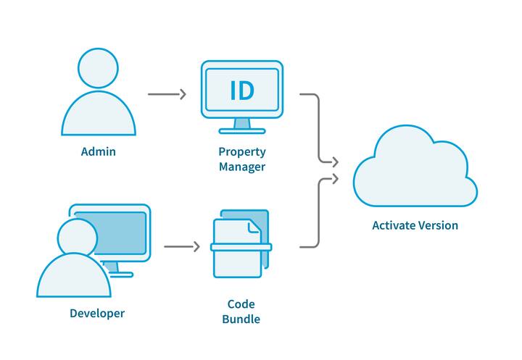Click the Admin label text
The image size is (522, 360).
[x=98, y=152]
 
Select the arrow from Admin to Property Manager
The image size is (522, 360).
[x=167, y=94]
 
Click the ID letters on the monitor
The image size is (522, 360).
[x=241, y=91]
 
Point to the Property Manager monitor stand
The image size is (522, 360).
[x=241, y=125]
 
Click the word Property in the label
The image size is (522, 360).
[x=241, y=152]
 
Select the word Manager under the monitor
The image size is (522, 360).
[x=241, y=167]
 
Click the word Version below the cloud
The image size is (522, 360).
[x=437, y=225]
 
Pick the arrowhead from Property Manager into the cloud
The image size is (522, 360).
[x=335, y=161]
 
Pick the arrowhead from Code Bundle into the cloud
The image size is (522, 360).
[x=335, y=177]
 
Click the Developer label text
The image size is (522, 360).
[x=97, y=314]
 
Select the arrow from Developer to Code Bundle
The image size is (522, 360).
[x=181, y=247]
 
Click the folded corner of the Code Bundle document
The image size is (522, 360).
[x=254, y=227]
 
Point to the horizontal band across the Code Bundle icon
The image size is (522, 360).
[x=241, y=247]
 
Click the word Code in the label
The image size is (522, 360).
[x=241, y=304]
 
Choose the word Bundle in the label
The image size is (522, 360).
[x=241, y=319]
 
